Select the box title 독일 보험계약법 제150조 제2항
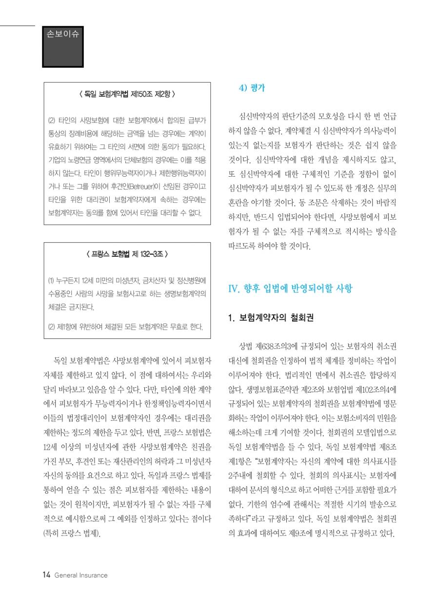point(127,93)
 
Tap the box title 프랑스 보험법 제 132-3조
point(127,254)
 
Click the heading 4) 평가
point(251,88)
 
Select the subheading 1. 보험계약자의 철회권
point(271,318)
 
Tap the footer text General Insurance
point(81,575)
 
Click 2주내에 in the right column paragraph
point(243,475)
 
